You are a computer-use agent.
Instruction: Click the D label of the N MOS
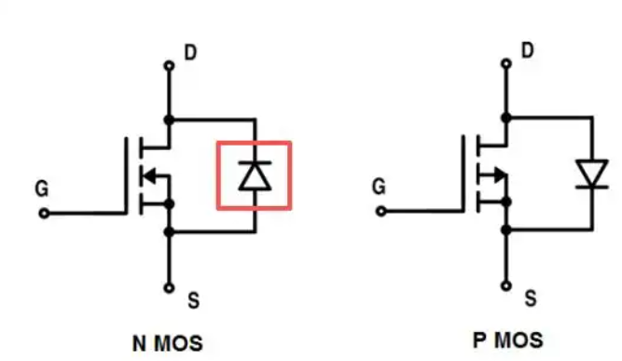191,52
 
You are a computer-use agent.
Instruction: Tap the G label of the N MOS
42,188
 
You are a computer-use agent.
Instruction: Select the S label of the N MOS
194,300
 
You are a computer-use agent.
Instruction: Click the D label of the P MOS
528,50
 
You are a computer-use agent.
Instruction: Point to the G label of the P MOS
379,187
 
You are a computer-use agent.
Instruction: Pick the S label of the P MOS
531,299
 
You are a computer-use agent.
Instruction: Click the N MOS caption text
168,343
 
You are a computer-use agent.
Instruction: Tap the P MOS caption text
508,340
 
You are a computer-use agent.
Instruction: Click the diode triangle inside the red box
256,177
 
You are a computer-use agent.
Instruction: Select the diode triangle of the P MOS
592,172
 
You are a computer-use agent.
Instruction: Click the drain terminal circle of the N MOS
170,65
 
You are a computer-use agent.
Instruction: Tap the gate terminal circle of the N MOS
44,214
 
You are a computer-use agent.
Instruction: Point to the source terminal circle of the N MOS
170,288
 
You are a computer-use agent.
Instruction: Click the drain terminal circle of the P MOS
506,63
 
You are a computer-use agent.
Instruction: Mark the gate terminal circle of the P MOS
381,212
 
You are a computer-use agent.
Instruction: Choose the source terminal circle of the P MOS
506,285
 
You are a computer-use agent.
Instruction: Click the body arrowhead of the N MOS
149,175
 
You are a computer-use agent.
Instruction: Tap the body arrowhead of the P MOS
501,174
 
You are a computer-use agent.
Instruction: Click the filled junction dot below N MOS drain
170,119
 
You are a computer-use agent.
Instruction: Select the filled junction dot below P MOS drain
506,118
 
